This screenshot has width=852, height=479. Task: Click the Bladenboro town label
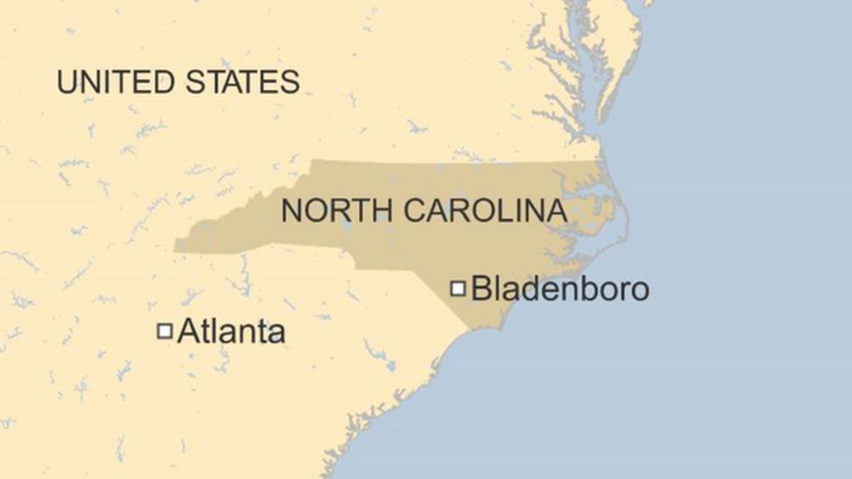[560, 289]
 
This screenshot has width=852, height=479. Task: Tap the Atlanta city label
[230, 332]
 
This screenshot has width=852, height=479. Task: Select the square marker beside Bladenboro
[457, 288]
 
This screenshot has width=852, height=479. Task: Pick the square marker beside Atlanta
[164, 331]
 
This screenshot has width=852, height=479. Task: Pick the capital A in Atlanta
[187, 332]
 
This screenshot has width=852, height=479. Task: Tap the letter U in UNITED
[66, 82]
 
